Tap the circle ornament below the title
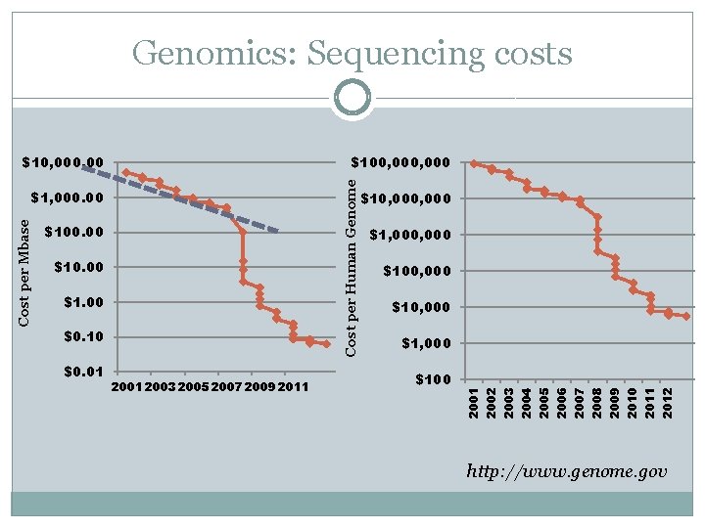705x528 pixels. coord(352,98)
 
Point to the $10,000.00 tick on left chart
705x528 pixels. coord(67,162)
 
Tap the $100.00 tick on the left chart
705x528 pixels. coord(74,232)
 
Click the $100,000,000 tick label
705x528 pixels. coord(400,162)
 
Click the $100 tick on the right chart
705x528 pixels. coord(432,379)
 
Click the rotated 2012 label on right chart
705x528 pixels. coord(667,402)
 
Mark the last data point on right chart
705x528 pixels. coord(685,316)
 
